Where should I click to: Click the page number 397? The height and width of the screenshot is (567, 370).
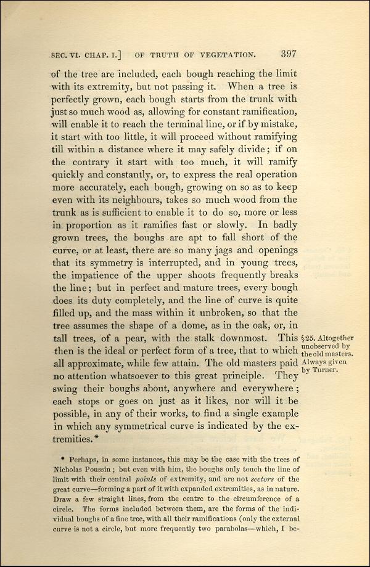point(289,53)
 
